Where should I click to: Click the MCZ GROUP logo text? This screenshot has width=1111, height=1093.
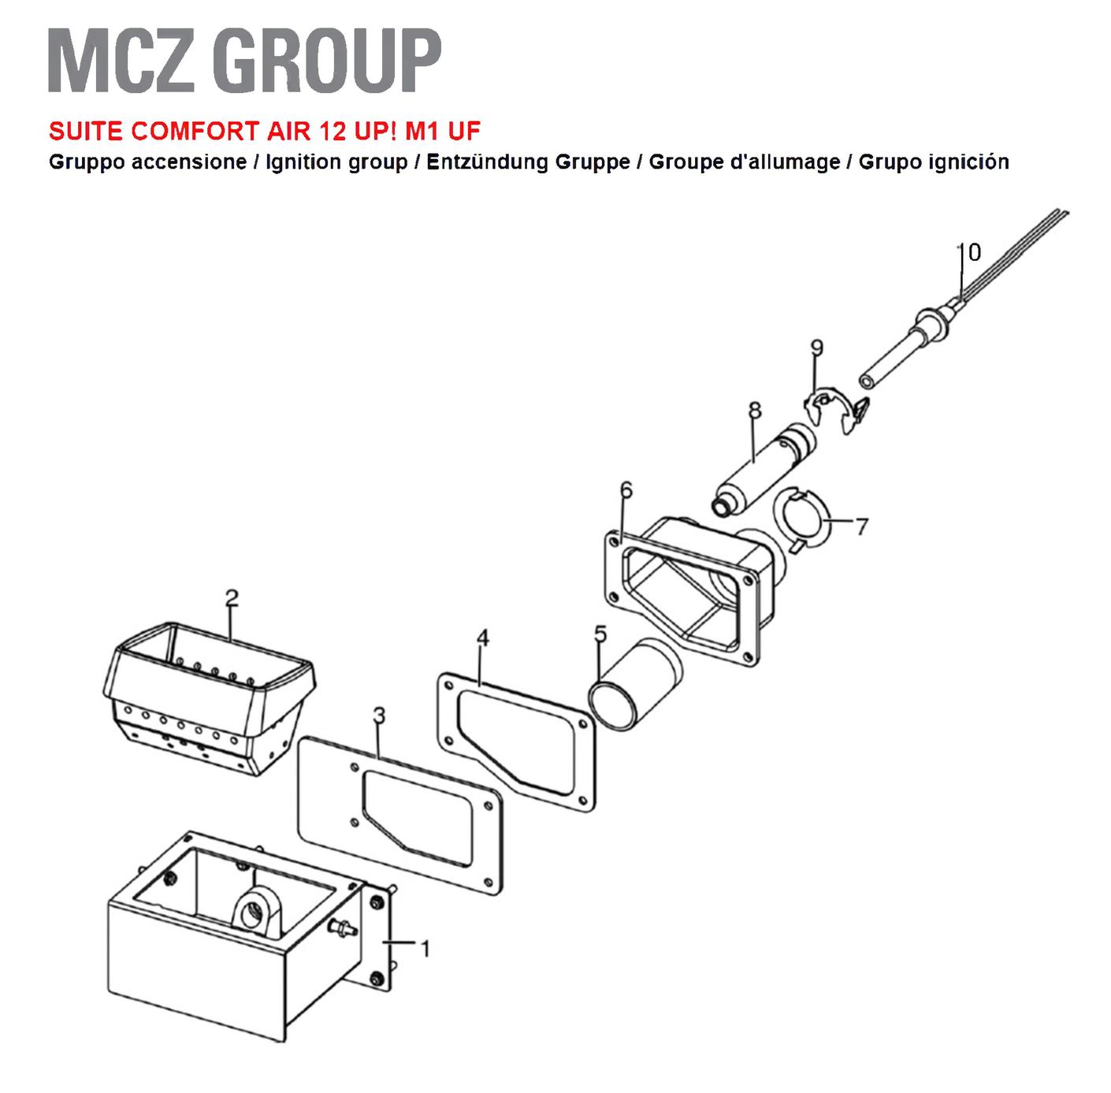click(244, 60)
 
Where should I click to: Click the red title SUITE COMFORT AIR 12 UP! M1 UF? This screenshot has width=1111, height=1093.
click(265, 132)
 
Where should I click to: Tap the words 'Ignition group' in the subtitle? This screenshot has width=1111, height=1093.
click(336, 162)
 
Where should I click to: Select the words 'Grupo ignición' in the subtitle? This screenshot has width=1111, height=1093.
click(934, 162)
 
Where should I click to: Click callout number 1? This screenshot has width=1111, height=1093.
click(425, 949)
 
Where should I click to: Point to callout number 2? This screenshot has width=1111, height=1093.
click(232, 598)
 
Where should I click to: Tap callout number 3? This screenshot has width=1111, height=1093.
click(379, 716)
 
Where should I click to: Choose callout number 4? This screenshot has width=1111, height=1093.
click(482, 638)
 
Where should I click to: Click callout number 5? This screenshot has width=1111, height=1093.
click(600, 634)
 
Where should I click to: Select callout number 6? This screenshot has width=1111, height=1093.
click(626, 490)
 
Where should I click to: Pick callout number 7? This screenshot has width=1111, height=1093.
click(861, 526)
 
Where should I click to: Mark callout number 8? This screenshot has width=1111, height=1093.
click(755, 411)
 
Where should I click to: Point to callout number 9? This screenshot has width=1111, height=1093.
click(816, 348)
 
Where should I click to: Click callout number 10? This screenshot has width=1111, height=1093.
click(970, 252)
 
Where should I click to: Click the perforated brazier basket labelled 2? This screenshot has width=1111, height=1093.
click(209, 698)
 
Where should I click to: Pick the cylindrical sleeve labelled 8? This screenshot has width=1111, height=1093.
click(764, 468)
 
